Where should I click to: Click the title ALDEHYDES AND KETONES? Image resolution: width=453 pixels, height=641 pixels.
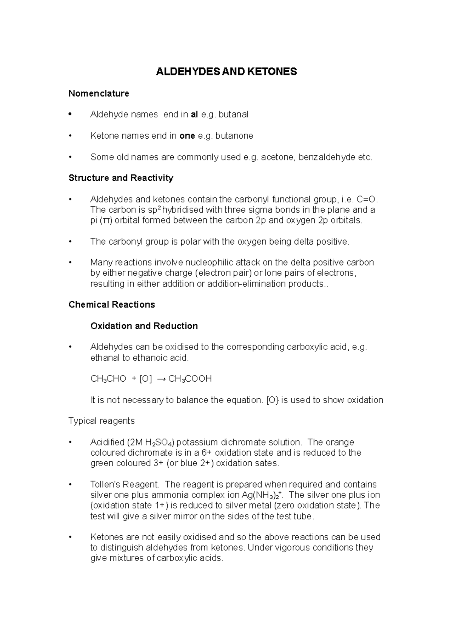tap(226, 72)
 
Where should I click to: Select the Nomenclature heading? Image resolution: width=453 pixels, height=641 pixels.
tap(99, 94)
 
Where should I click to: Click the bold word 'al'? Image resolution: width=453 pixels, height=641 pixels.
tap(194, 115)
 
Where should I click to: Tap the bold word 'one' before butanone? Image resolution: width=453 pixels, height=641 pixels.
tap(187, 136)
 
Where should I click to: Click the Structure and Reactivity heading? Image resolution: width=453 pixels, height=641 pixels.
tap(121, 178)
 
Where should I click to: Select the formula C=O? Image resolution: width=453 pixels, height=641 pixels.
tap(367, 199)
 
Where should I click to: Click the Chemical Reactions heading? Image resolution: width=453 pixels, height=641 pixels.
tap(112, 305)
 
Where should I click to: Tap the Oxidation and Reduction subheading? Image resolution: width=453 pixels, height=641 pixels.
tap(144, 326)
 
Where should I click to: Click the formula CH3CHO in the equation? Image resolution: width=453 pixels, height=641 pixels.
tap(108, 379)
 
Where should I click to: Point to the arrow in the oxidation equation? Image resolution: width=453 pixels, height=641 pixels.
tap(161, 379)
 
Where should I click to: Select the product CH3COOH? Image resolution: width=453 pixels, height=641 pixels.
tap(190, 379)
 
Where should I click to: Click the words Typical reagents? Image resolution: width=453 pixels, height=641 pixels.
tap(102, 421)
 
